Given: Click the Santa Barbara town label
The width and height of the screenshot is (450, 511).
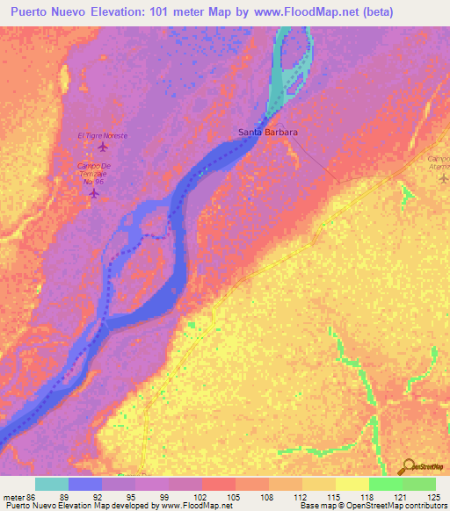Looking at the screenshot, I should click(x=268, y=133).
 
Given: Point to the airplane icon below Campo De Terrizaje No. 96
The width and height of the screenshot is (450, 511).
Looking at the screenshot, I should click(x=94, y=193).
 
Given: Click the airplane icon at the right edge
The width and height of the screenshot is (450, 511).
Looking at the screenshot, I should click(x=443, y=178).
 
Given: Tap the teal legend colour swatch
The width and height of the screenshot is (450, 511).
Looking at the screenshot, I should click(x=52, y=484).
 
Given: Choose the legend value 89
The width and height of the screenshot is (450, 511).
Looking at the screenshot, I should click(x=64, y=496).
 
